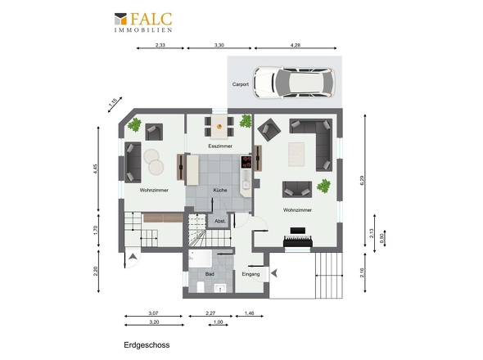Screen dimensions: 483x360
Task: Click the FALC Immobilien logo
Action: pyautogui.click(x=143, y=22)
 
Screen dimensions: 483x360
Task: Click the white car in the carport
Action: pyautogui.click(x=294, y=83)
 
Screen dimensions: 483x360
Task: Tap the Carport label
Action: pyautogui.click(x=240, y=84)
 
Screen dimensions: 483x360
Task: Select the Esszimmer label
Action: pyautogui.click(x=220, y=146)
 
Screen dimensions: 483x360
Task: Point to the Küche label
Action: pyautogui.click(x=220, y=190)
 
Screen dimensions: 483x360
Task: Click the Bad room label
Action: pyautogui.click(x=210, y=274)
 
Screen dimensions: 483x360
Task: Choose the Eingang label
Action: pyautogui.click(x=251, y=274)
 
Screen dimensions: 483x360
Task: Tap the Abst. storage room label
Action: pyautogui.click(x=220, y=221)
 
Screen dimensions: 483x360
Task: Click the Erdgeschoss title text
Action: pyautogui.click(x=147, y=345)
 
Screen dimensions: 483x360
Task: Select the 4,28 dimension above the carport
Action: pyautogui.click(x=295, y=45)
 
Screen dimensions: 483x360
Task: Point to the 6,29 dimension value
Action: pyautogui.click(x=362, y=180)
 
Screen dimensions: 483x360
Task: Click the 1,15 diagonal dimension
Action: pyautogui.click(x=113, y=102)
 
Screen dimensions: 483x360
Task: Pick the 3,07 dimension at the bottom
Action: pyautogui.click(x=153, y=313)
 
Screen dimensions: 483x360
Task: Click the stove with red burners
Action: pyautogui.click(x=246, y=162)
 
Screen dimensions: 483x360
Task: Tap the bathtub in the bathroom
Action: pyautogui.click(x=201, y=259)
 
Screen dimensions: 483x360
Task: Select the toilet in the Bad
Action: pyautogui.click(x=201, y=286)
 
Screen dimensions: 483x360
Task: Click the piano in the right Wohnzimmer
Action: pyautogui.click(x=298, y=238)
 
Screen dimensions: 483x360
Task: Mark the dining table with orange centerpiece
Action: pyautogui.click(x=219, y=126)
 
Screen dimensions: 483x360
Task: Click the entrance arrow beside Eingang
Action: pyautogui.click(x=274, y=272)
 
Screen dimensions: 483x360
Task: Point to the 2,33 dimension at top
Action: pyautogui.click(x=160, y=45)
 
